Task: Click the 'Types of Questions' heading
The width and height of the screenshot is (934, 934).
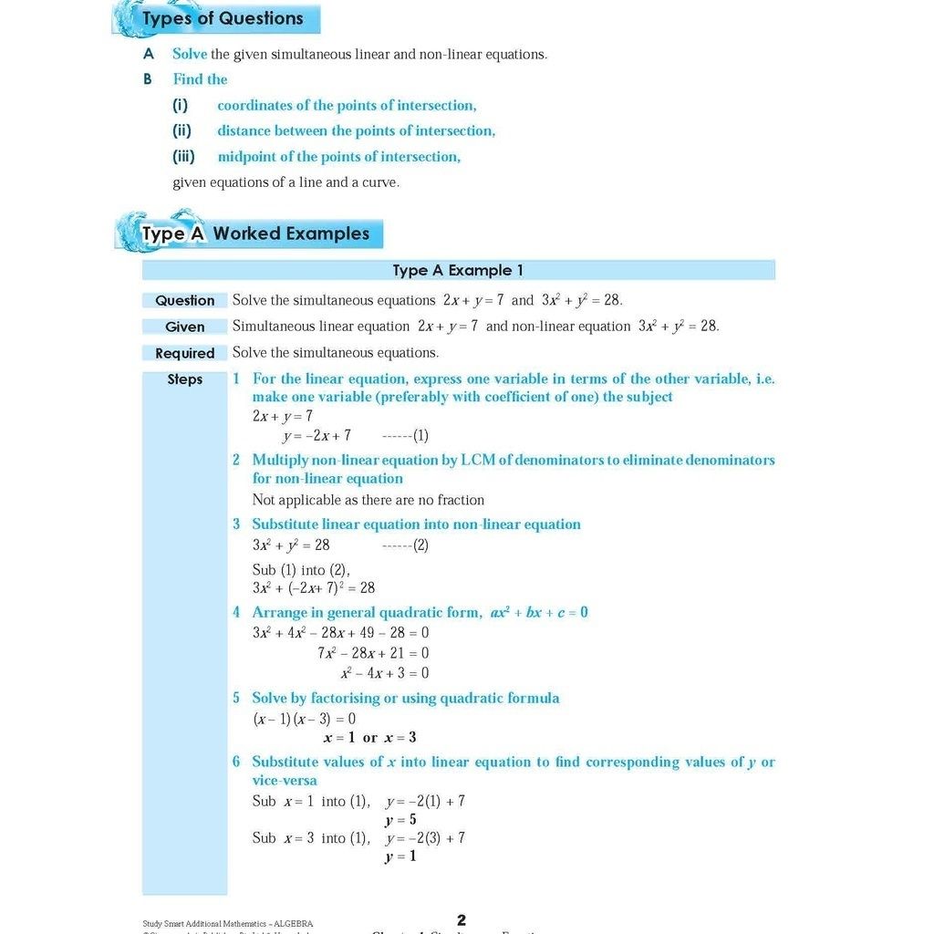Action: pos(223,18)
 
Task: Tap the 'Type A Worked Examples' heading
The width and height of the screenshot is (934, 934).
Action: pos(255,233)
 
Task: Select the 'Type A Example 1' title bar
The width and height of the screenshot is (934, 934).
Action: pos(458,270)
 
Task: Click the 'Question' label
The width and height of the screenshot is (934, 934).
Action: pos(184,300)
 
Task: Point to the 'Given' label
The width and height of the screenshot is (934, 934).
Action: pos(184,327)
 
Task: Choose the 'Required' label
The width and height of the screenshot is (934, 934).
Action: pos(184,353)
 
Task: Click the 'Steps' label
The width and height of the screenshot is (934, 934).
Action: pos(184,379)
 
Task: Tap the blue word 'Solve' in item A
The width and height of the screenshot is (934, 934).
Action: pos(190,54)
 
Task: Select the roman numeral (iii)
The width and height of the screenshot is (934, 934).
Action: pos(183,156)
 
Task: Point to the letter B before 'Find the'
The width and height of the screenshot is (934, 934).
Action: pos(148,79)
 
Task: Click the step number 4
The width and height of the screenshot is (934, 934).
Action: pos(236,612)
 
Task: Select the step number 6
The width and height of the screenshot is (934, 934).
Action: pos(236,762)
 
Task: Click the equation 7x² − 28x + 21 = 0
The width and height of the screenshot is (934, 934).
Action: pos(373,653)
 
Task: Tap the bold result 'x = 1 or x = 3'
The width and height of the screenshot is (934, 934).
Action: pos(369,738)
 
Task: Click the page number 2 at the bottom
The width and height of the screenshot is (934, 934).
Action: pos(462,920)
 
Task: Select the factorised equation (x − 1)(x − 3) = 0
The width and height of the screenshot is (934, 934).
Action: pos(304,719)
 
